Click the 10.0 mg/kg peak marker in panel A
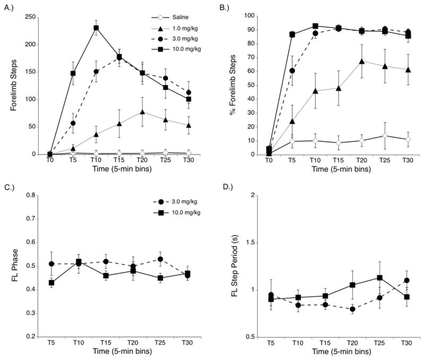pyautogui.click(x=96, y=28)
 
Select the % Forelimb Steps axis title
pyautogui.click(x=232, y=85)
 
